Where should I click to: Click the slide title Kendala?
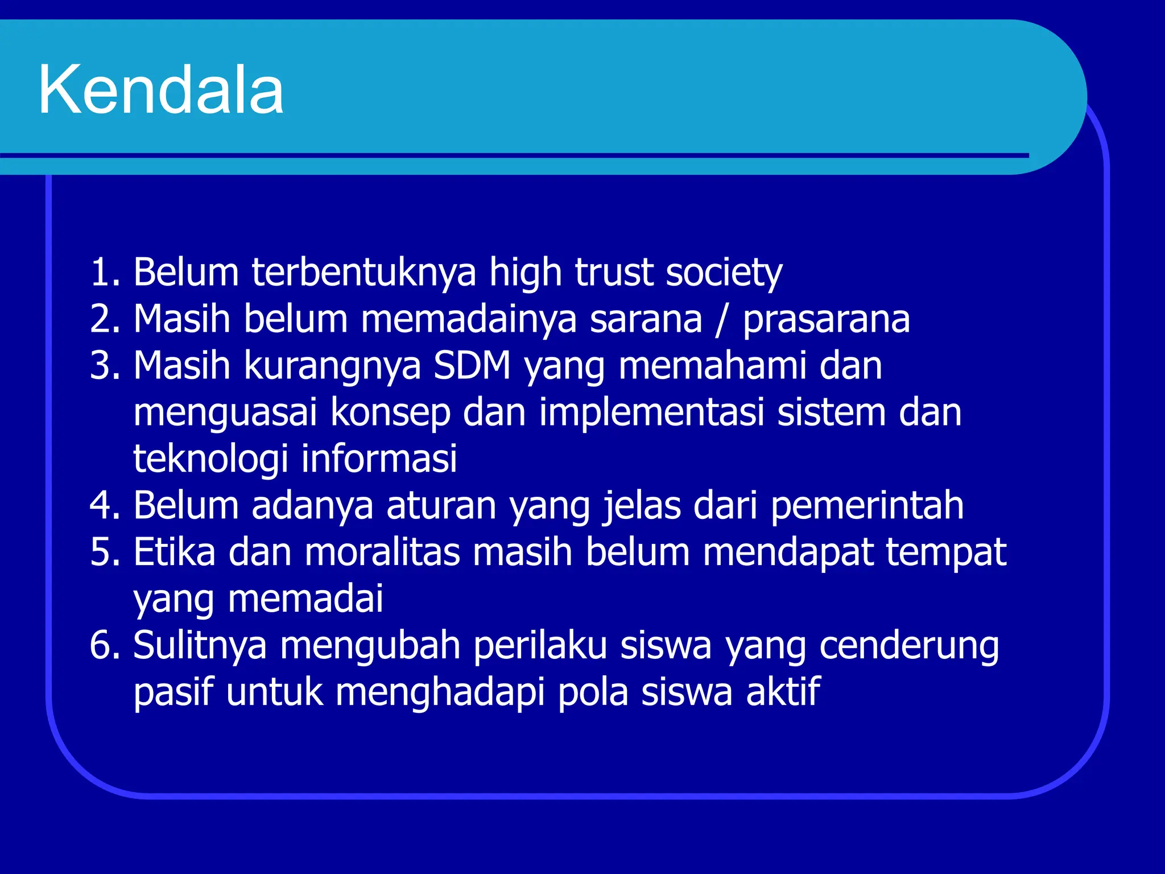[x=161, y=90]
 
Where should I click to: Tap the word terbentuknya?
[x=363, y=272]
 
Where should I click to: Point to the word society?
[x=724, y=273]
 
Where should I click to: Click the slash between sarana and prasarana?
[x=722, y=319]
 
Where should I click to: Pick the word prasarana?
[x=826, y=320]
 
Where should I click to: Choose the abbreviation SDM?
[x=472, y=365]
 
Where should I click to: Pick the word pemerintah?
[x=867, y=505]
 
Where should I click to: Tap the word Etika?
[x=175, y=552]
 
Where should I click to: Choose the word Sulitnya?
[x=200, y=645]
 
